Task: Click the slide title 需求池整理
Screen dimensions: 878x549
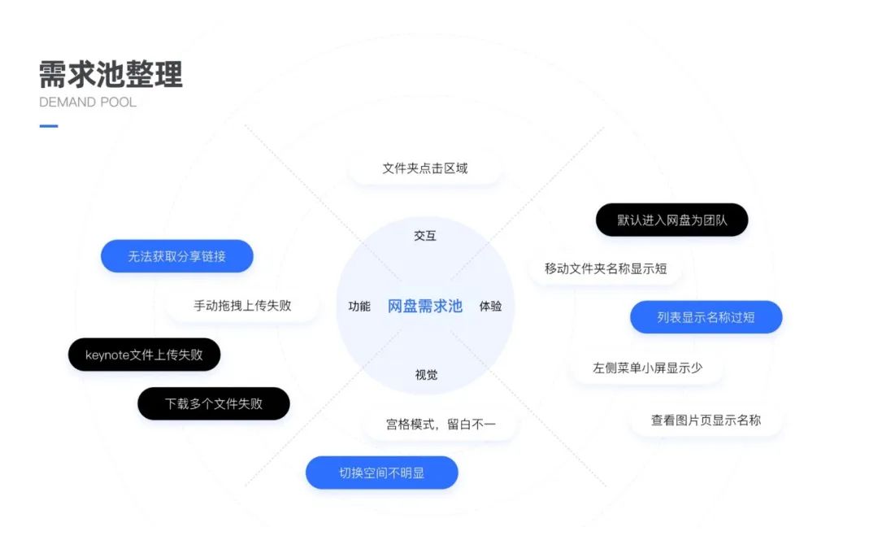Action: (111, 74)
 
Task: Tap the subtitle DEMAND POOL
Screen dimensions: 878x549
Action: (88, 102)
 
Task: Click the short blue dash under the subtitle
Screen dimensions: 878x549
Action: (49, 126)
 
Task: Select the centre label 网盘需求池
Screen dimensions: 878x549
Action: (424, 306)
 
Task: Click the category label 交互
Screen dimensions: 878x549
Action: (425, 236)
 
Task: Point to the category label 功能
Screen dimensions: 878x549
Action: (359, 307)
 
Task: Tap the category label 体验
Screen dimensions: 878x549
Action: (490, 307)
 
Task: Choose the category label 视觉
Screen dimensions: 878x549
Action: (426, 375)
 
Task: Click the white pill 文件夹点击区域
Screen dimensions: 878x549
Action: (425, 168)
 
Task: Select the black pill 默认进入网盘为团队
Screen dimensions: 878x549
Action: (672, 220)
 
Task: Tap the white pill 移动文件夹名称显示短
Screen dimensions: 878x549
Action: (606, 268)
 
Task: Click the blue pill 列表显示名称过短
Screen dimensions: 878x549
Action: (706, 317)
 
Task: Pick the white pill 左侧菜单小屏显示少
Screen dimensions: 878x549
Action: (647, 368)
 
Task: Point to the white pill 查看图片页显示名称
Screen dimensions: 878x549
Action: (706, 420)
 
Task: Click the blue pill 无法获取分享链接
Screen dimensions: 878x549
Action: (176, 256)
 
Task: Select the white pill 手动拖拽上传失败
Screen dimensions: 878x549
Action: (242, 306)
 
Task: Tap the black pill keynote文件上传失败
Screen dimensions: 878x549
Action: (144, 355)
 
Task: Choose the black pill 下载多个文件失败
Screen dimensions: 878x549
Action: (213, 403)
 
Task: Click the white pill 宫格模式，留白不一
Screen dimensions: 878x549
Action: (440, 424)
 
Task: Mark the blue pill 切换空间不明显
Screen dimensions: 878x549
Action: (381, 473)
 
